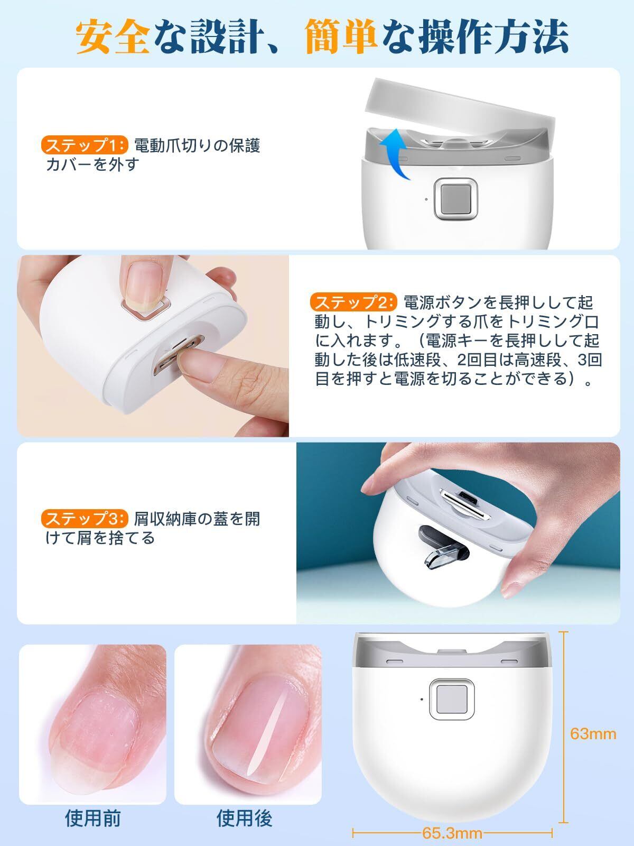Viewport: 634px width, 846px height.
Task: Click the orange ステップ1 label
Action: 84,145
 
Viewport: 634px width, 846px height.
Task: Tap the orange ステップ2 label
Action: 353,302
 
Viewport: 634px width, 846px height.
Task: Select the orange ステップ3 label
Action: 85,519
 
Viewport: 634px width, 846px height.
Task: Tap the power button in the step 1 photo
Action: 455,199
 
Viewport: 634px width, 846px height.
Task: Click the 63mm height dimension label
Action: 593,734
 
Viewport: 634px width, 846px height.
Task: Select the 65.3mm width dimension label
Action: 452,833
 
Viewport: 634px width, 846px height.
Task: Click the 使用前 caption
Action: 93,819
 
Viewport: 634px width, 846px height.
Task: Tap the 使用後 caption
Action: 245,819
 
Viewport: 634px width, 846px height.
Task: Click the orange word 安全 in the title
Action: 112,36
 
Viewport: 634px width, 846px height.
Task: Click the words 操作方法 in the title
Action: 493,36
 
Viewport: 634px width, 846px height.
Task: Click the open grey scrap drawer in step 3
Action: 443,549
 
